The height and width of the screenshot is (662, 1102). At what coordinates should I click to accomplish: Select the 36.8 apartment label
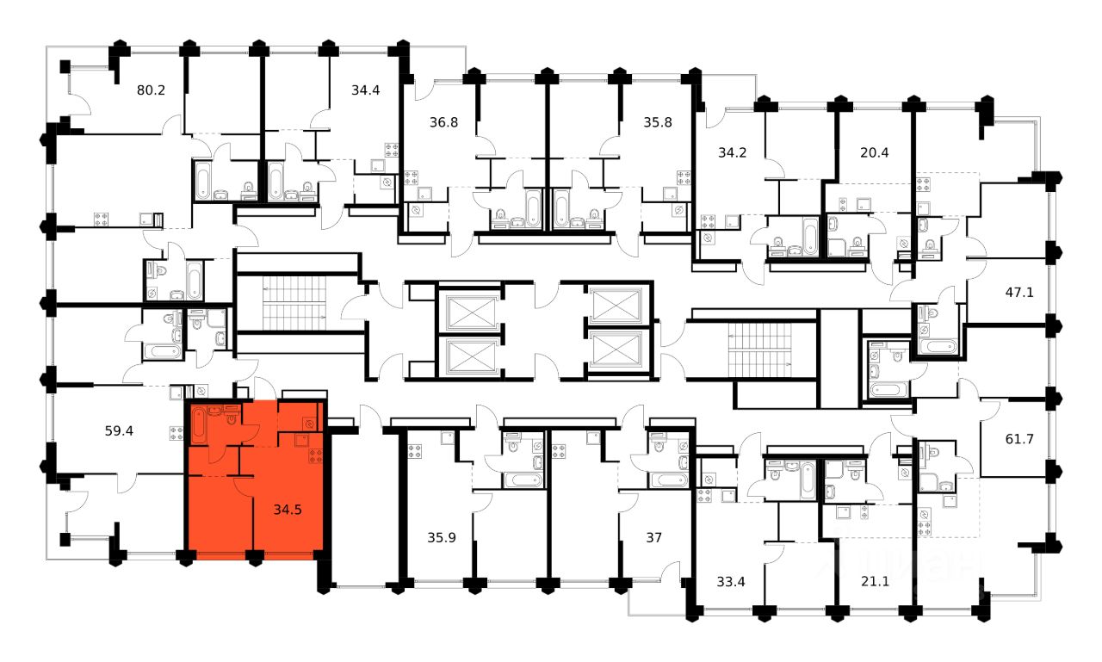(443, 122)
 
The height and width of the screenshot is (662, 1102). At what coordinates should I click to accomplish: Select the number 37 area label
(654, 538)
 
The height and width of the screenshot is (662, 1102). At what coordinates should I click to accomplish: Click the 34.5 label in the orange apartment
(288, 510)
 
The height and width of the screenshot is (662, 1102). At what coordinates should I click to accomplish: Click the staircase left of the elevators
(294, 302)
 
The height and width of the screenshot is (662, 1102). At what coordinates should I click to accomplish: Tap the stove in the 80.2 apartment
(101, 219)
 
